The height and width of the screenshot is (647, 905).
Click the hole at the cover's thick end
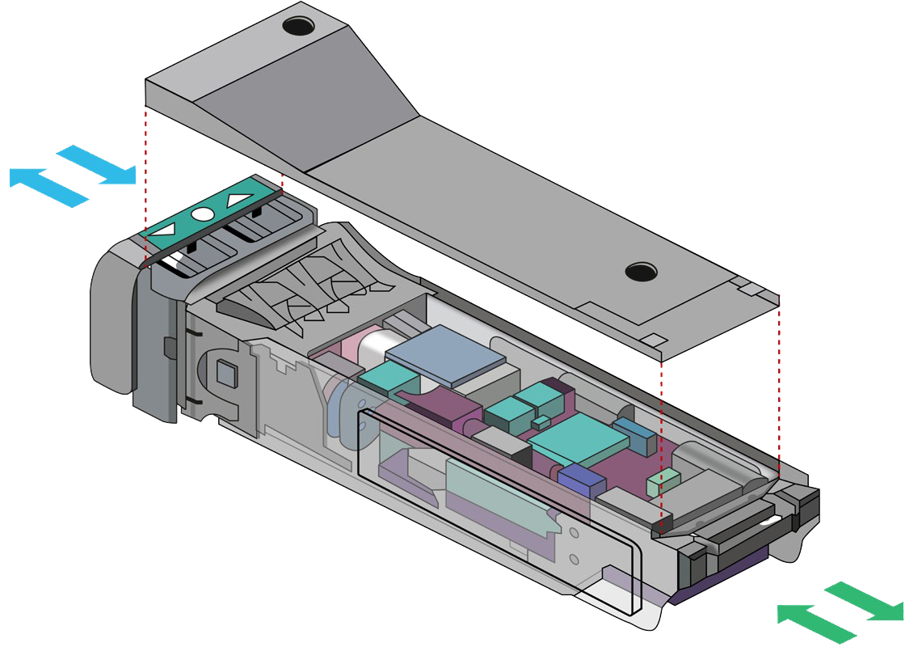(297, 27)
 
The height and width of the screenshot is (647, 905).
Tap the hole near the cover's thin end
(641, 271)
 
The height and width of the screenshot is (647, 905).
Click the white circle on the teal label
(202, 215)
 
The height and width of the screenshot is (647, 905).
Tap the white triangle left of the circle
(164, 231)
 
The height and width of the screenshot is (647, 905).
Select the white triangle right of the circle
(239, 200)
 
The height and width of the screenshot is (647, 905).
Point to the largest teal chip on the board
(579, 440)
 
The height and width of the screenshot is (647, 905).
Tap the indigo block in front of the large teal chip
(582, 482)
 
